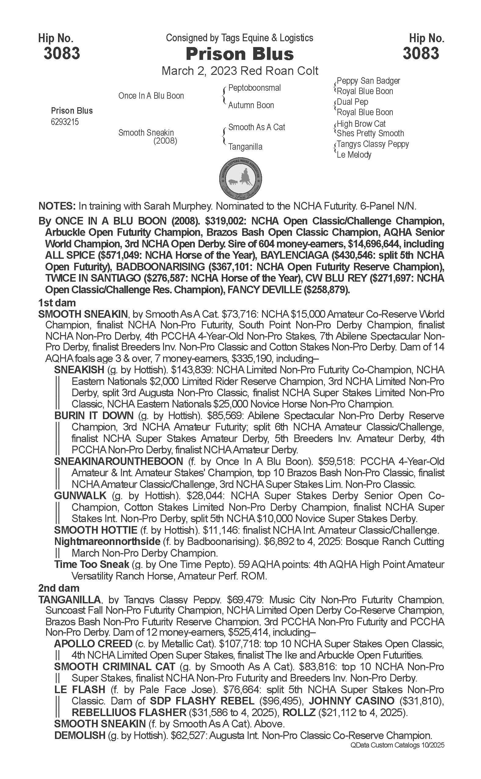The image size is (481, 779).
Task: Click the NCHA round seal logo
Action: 241,178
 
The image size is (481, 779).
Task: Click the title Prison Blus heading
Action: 239,54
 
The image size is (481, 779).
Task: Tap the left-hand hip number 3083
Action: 62,53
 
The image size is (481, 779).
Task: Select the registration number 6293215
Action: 65,122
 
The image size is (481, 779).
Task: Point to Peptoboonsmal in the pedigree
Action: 254,88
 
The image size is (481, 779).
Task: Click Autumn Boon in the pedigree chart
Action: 251,105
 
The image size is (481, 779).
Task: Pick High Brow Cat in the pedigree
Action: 361,123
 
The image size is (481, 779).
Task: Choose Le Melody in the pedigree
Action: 354,155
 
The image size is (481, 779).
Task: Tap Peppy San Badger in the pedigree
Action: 368,81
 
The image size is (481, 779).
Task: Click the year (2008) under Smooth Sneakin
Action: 165,141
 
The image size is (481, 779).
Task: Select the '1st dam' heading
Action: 57,302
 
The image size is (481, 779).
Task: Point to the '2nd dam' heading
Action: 59,588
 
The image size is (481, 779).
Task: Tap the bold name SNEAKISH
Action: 79,370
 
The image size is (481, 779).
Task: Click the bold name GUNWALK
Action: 80,496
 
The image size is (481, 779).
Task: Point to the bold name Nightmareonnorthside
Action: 107,542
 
